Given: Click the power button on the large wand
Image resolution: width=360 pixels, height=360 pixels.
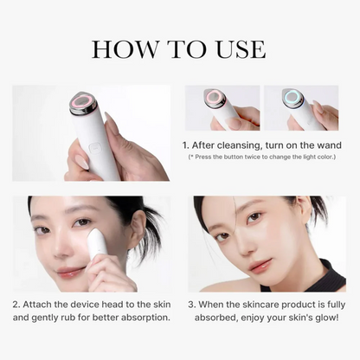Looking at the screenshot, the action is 94,149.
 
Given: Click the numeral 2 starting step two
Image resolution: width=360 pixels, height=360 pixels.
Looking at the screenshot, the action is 16,305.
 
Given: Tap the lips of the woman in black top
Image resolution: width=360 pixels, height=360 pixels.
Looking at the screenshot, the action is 260,264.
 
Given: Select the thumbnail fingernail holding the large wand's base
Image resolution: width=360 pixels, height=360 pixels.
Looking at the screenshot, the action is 81,162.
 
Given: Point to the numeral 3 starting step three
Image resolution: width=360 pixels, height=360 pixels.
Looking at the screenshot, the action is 191,305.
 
